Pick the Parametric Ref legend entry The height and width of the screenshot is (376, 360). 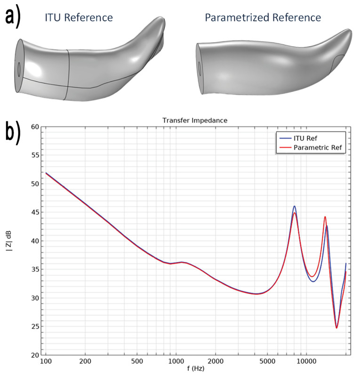click(x=319, y=147)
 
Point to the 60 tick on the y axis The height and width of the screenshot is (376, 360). click(x=34, y=127)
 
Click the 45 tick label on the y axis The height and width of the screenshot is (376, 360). click(x=34, y=213)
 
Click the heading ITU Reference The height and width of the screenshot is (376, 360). click(x=79, y=18)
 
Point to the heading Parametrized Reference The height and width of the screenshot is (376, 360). click(x=263, y=18)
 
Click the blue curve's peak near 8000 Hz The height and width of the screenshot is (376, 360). click(x=295, y=206)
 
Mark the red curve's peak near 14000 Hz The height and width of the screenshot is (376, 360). click(x=325, y=217)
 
